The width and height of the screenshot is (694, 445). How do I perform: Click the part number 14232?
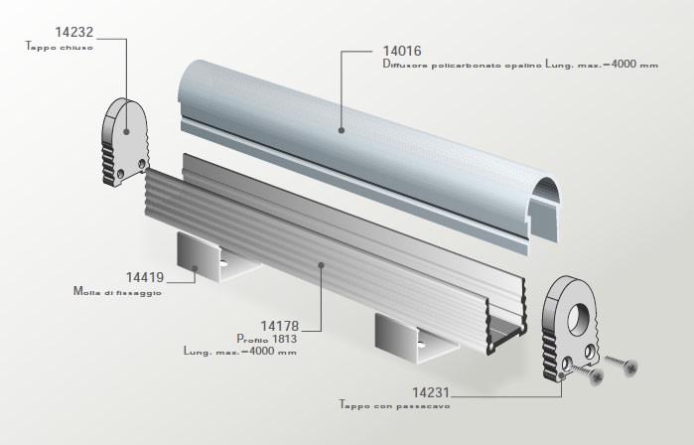(x=74, y=32)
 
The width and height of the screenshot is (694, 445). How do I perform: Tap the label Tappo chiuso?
(x=60, y=47)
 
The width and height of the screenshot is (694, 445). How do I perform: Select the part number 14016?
(x=402, y=51)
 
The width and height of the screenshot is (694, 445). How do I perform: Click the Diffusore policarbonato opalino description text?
(x=462, y=65)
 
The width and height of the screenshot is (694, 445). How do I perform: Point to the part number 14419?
(x=145, y=277)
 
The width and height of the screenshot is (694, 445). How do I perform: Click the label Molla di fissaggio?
(x=117, y=292)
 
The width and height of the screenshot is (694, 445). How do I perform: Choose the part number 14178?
(x=280, y=327)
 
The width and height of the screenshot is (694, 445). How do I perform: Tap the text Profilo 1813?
(x=266, y=339)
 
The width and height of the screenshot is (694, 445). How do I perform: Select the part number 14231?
(x=431, y=392)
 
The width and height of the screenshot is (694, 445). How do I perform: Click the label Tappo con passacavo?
(x=394, y=405)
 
